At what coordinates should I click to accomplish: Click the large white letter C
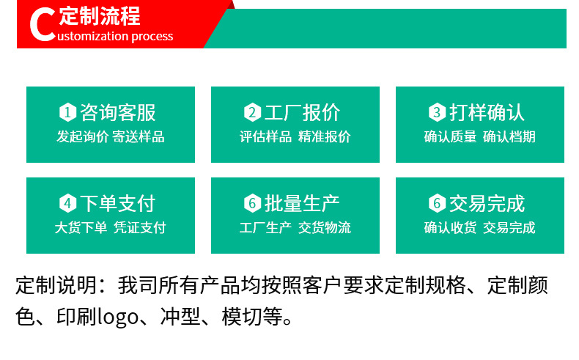42,25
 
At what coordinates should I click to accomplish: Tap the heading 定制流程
99,16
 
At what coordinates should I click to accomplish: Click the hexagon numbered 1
67,112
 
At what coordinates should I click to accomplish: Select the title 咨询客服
118,112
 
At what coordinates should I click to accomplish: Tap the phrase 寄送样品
138,136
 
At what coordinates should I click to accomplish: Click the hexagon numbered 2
252,112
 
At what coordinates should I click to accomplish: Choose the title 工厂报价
303,112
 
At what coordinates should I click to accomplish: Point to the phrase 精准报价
325,136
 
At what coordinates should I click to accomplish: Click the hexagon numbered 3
437,112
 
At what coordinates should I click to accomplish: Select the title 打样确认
487,112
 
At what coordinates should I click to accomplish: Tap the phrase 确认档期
509,136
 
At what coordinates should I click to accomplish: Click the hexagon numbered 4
67,203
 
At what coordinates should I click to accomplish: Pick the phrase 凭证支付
139,227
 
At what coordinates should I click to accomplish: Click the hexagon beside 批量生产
252,203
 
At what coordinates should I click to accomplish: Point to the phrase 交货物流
325,227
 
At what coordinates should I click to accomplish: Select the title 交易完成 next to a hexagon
487,203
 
